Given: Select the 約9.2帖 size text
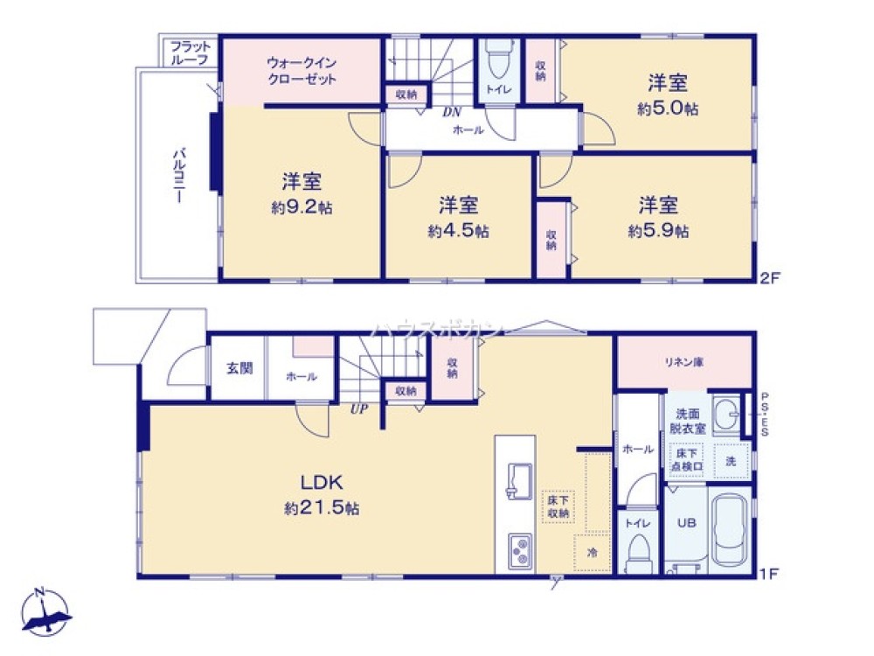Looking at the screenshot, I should point(301,208).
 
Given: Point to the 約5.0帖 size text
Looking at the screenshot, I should point(667,109).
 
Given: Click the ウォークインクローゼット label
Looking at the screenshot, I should point(302,70).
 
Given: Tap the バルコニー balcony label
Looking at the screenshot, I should point(177,175).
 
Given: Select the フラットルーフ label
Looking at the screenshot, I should point(189,52).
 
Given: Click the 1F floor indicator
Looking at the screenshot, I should point(767,575).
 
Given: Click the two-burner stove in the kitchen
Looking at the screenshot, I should point(519,550).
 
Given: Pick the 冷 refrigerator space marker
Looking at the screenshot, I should point(592,553).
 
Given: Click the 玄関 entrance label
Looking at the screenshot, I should point(239,368).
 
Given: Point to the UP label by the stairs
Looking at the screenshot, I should point(357,408).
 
